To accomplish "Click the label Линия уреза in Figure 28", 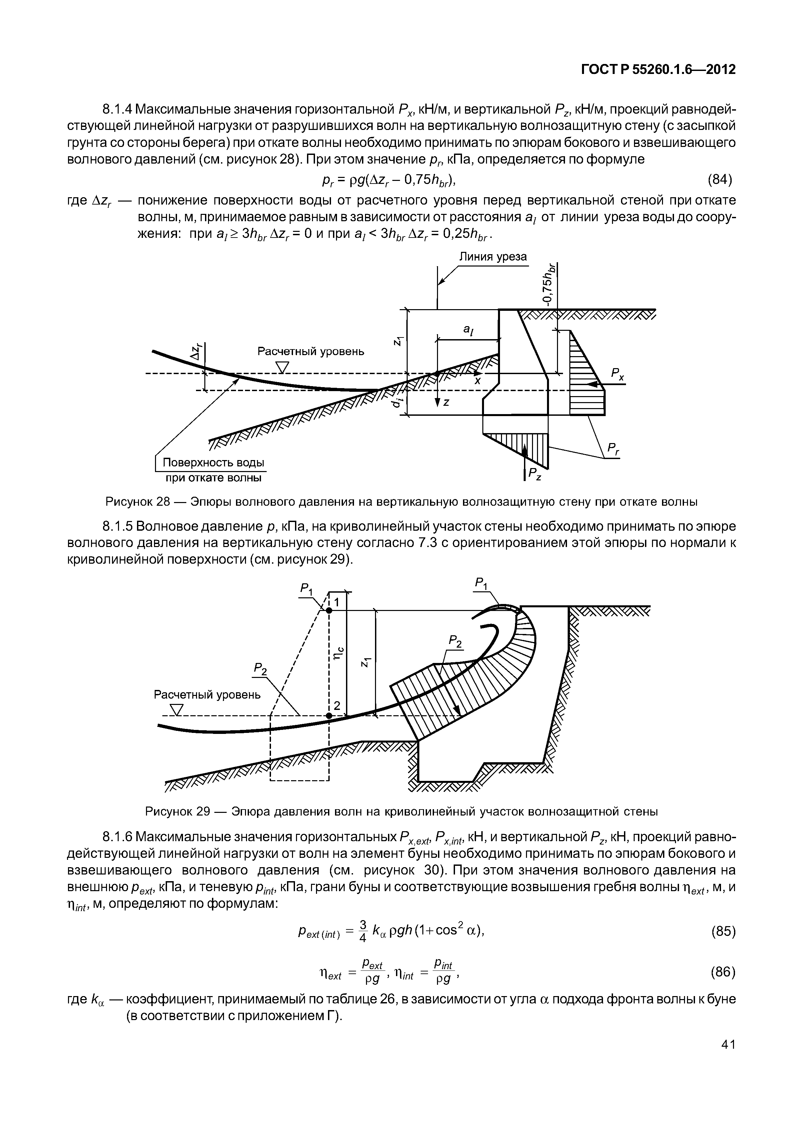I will click(x=492, y=257).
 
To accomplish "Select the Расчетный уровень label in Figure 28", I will click(x=310, y=351).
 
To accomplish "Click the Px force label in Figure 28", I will click(x=617, y=373).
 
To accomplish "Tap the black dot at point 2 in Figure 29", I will click(x=329, y=715).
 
